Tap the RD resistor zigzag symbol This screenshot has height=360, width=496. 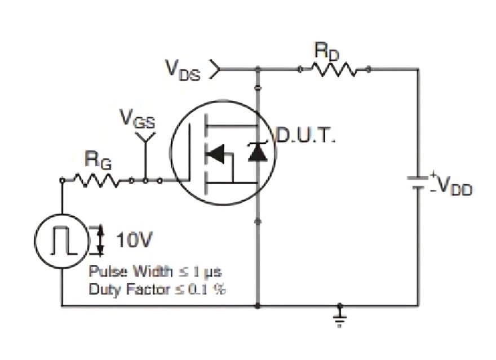[334, 69]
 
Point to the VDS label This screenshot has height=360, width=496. [182, 69]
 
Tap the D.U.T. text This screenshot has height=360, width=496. [305, 136]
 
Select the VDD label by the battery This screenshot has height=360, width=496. [455, 186]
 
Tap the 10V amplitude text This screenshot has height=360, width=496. [134, 241]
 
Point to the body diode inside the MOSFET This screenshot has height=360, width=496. [258, 153]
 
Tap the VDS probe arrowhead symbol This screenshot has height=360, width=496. [214, 69]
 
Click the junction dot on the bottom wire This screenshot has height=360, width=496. [258, 306]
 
